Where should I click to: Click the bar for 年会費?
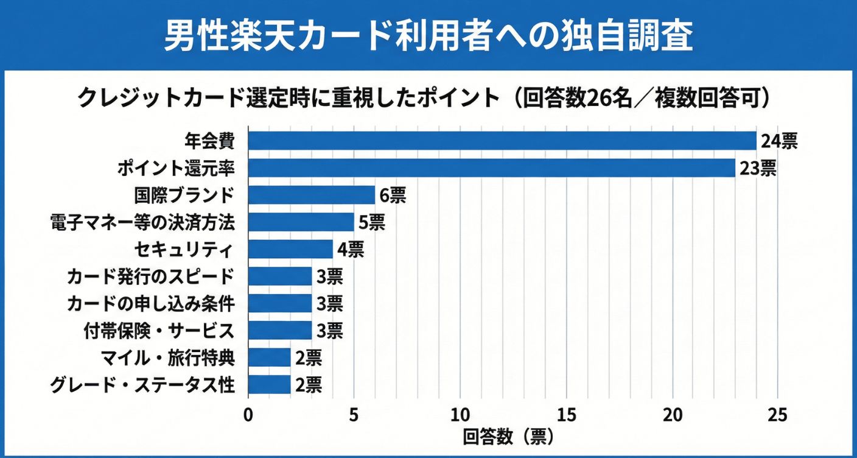(502, 141)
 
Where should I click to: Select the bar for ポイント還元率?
(492, 168)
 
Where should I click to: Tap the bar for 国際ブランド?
(312, 195)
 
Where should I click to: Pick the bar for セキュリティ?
(290, 249)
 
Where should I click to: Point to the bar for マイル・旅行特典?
(269, 358)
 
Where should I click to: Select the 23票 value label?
(758, 169)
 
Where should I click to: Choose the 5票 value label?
(371, 223)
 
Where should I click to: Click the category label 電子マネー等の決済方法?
(143, 223)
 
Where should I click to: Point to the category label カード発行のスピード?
(150, 277)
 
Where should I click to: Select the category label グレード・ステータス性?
(143, 385)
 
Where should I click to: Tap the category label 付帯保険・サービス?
(159, 331)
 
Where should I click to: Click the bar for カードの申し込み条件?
(280, 303)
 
